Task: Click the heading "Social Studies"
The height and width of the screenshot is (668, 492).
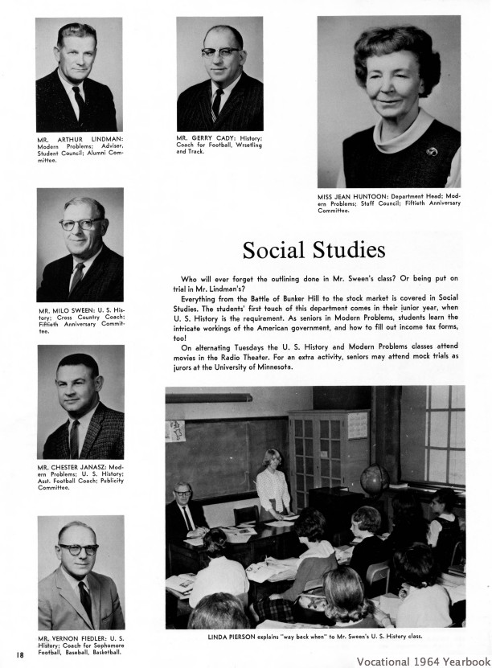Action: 314,250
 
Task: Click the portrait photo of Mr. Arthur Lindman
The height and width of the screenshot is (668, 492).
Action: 78,74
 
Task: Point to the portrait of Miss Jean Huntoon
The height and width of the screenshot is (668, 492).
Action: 388,102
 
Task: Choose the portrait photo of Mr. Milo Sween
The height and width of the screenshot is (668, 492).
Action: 80,244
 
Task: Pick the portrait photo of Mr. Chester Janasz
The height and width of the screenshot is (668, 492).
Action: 80,402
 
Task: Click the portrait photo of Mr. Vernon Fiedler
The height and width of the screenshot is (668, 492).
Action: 80,573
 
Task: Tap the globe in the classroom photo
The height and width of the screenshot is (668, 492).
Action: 375,480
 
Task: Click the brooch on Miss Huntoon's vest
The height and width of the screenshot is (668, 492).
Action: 432,151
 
